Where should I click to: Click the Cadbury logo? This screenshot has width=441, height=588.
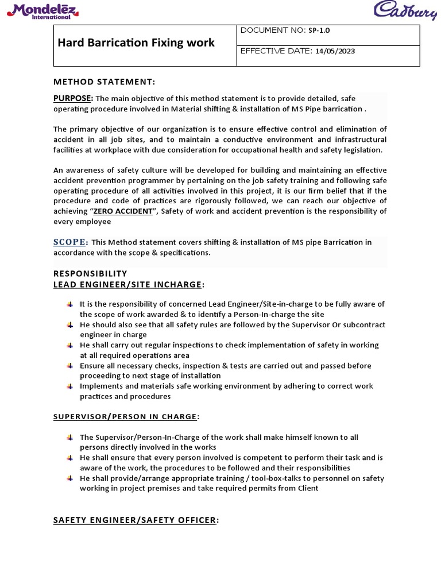406,11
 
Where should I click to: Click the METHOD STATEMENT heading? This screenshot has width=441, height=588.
104,82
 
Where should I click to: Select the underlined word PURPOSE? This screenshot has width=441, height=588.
72,98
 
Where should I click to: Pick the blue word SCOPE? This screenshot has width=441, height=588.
69,242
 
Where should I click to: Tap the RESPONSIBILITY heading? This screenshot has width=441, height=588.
90,273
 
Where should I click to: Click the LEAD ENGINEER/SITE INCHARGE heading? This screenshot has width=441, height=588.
127,284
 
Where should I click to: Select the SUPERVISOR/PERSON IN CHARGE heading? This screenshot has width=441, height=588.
126,416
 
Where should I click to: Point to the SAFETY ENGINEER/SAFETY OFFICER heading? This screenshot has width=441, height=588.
136,520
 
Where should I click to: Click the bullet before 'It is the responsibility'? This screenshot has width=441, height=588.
69,304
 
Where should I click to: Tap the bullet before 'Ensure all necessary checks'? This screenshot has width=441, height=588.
69,366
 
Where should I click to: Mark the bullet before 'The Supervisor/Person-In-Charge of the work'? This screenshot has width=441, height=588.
69,437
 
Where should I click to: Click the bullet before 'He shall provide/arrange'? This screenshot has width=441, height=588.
69,478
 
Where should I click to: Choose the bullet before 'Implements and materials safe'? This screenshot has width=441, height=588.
69,386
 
